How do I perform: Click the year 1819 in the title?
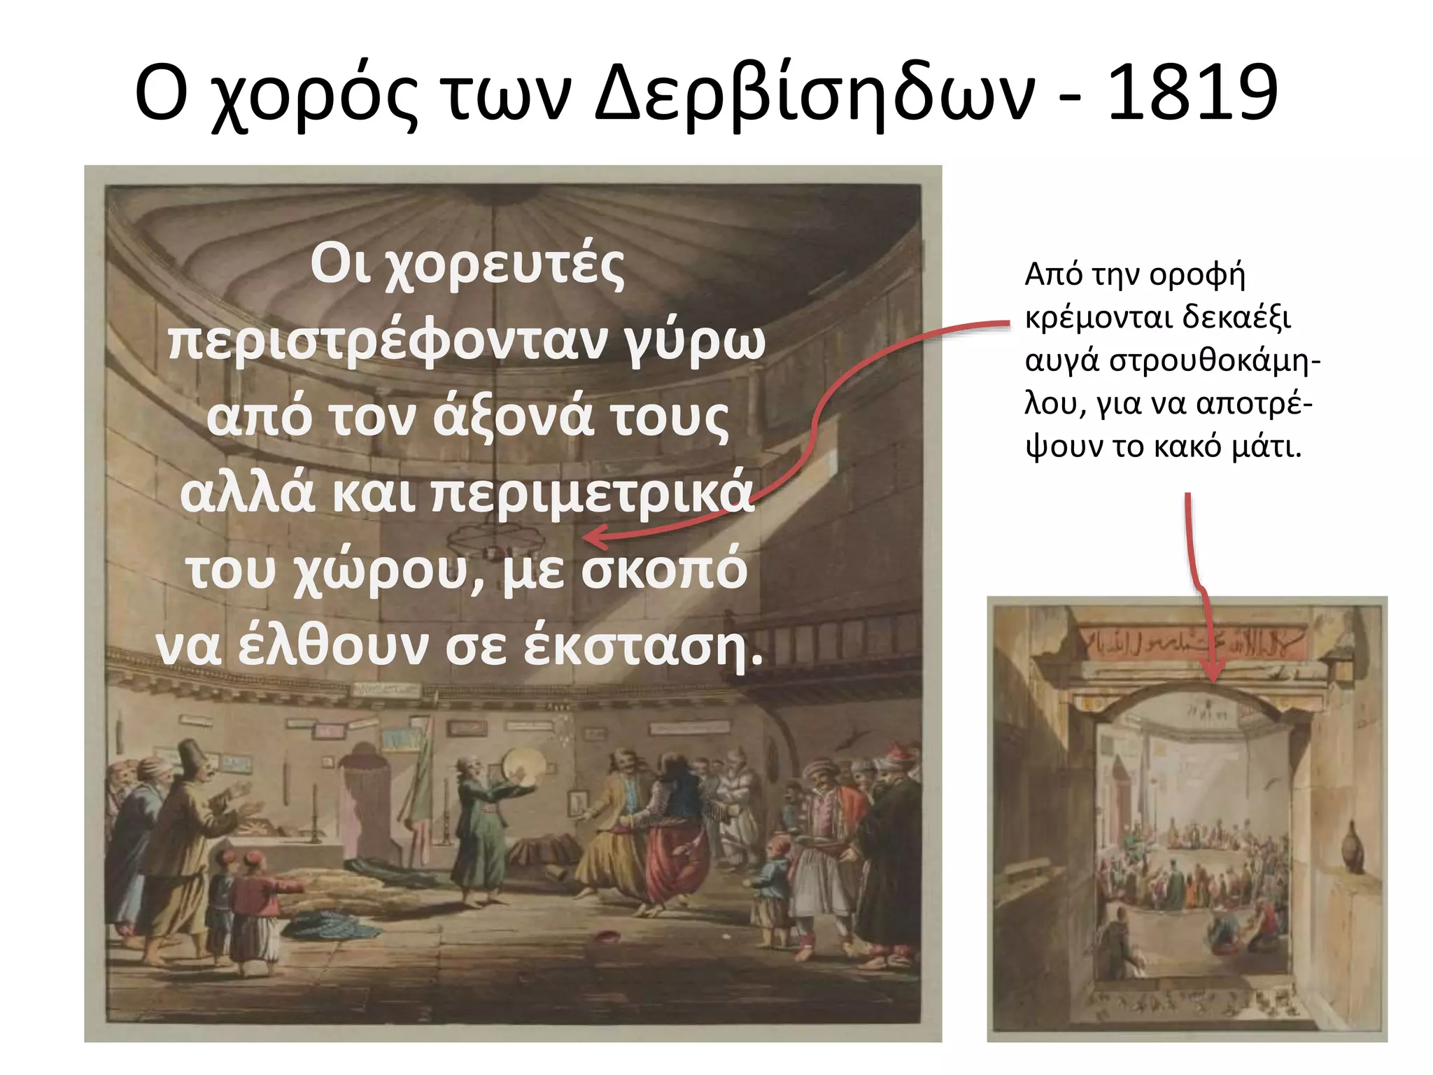pos(1192,92)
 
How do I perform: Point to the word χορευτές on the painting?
pos(504,266)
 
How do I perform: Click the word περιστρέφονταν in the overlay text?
pos(388,341)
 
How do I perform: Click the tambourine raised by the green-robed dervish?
pos(521,764)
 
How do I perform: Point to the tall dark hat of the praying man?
pos(190,754)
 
